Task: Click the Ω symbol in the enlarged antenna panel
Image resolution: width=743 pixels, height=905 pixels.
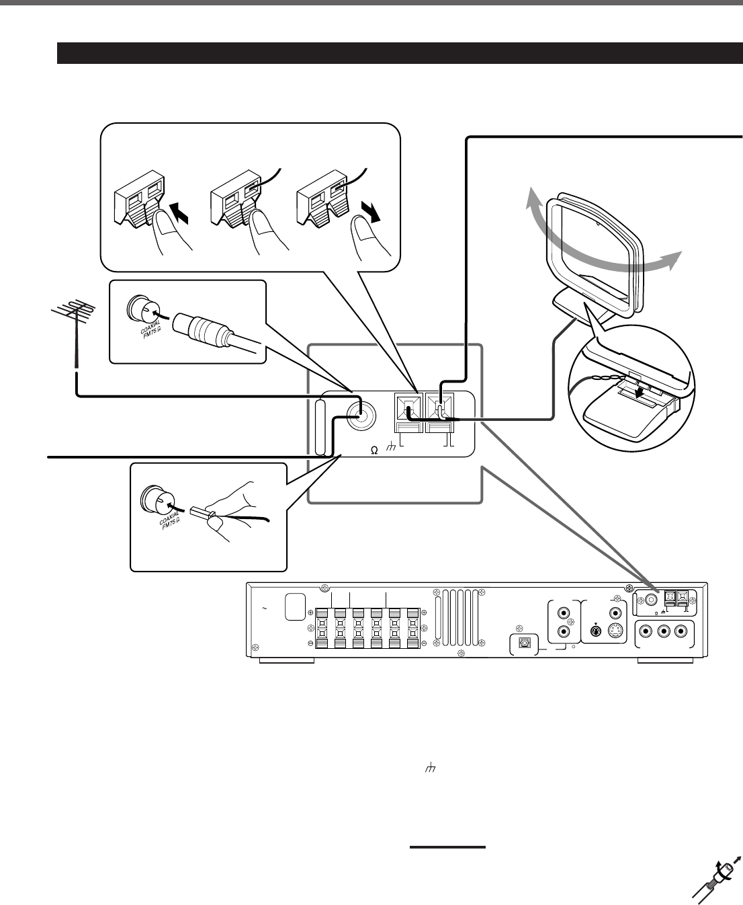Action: pos(374,452)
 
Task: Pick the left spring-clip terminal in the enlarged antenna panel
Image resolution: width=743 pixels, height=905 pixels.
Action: pos(406,407)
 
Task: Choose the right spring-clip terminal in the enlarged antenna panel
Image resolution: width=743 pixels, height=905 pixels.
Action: pos(440,407)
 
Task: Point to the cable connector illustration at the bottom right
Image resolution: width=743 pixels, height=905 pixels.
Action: pos(715,881)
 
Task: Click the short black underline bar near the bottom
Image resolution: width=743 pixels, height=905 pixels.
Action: pos(447,847)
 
